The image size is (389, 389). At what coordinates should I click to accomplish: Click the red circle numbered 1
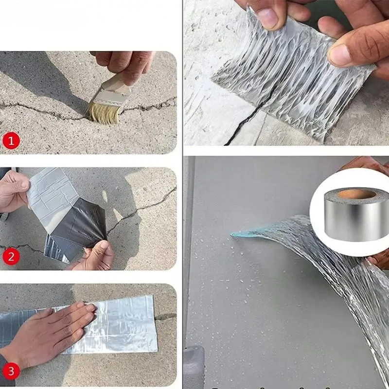(x=11, y=141)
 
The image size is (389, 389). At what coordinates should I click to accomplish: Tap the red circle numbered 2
(x=11, y=256)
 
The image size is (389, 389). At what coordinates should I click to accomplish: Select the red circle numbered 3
(x=11, y=371)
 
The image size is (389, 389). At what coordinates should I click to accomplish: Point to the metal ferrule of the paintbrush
(x=110, y=97)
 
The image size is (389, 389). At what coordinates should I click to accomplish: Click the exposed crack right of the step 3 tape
(x=165, y=317)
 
